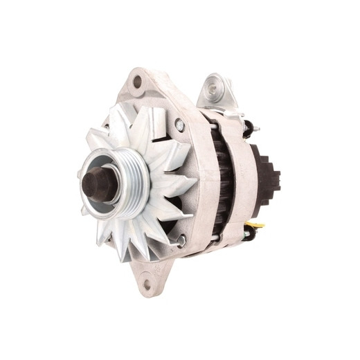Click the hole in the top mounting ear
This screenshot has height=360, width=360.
click(x=136, y=82)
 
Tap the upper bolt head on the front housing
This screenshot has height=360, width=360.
click(x=179, y=125)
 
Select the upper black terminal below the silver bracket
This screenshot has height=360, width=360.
click(x=247, y=128)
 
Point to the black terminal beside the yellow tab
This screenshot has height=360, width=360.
click(x=248, y=233)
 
